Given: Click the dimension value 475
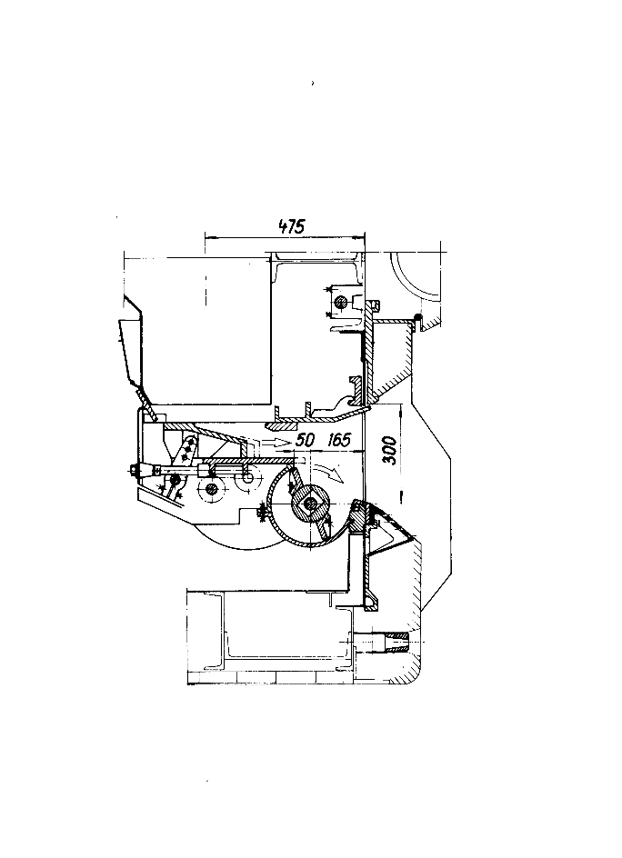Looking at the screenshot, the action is tap(291, 226).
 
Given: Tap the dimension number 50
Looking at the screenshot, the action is tap(306, 439).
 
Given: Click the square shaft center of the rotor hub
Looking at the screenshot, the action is tap(312, 503).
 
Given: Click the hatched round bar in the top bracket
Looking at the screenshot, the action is tap(342, 301).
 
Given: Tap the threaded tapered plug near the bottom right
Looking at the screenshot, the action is tap(396, 641).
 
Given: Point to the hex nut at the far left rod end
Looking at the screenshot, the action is tap(133, 469).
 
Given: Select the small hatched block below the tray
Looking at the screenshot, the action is tap(281, 424).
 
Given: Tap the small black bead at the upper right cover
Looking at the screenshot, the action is tap(417, 316).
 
